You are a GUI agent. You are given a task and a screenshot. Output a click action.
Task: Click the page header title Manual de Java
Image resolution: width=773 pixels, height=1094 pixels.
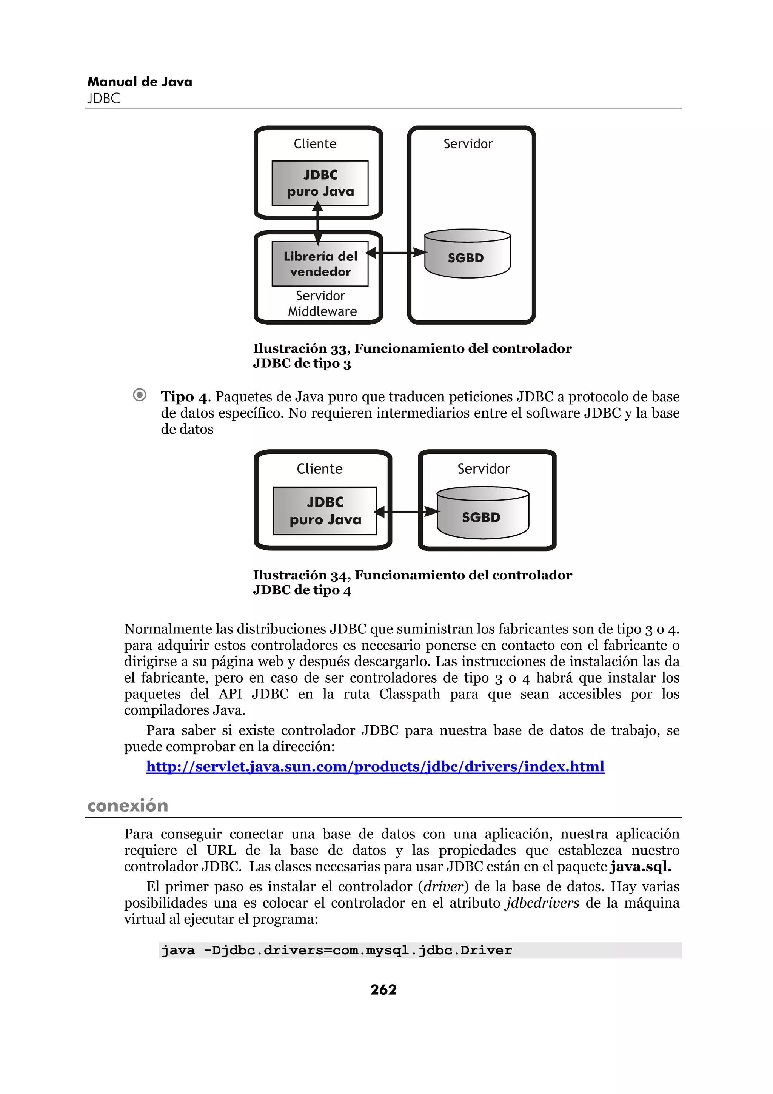140,82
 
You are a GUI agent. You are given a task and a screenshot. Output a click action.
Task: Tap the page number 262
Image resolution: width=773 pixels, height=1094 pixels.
383,990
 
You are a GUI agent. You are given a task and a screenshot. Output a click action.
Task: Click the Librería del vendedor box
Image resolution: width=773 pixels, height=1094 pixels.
320,264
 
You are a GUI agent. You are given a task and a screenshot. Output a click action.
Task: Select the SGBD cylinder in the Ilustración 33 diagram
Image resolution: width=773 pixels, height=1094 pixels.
467,255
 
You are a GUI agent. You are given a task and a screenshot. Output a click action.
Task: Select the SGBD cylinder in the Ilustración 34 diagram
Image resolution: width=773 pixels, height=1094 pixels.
482,514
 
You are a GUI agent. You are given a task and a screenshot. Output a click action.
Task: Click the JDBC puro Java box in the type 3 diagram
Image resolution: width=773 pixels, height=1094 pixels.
320,183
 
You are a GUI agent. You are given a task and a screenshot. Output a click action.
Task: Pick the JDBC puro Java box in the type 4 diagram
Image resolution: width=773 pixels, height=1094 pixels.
325,511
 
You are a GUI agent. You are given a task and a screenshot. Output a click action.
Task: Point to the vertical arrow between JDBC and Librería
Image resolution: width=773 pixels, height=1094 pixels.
318,224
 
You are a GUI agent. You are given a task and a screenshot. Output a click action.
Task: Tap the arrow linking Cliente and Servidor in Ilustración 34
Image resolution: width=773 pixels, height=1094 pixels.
406,512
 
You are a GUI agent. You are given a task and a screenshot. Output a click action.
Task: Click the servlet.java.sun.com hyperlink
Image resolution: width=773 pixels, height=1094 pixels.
375,767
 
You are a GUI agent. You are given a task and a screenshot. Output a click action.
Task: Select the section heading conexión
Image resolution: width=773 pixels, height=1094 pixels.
128,806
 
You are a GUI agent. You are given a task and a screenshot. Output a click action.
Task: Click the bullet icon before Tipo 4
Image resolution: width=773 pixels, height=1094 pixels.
140,395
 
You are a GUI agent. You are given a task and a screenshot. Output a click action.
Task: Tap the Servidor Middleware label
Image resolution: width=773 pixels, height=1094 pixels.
322,304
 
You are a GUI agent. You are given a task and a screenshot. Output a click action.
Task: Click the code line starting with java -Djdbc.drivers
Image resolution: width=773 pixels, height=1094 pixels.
336,951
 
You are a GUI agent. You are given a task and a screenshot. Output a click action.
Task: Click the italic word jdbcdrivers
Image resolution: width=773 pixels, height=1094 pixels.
542,903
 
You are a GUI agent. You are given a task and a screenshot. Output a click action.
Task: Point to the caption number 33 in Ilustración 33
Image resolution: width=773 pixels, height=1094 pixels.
339,349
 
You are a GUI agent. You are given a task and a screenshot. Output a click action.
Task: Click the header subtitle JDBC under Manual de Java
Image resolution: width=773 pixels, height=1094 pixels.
104,99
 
